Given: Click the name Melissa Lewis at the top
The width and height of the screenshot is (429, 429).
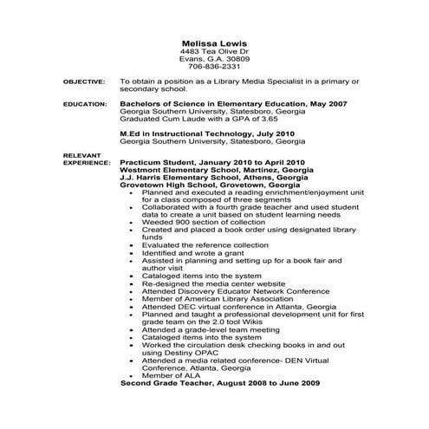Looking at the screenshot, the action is coord(212,42).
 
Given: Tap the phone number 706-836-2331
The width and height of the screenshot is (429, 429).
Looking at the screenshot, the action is coord(212,66).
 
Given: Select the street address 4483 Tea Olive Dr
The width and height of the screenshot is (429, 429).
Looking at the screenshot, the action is coord(212,51).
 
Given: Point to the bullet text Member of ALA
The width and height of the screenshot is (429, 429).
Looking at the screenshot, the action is coord(168,374).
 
